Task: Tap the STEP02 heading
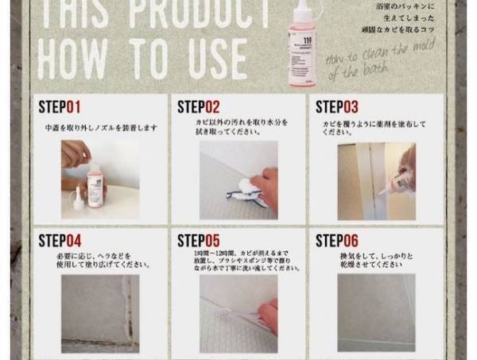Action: pyautogui.click(x=198, y=106)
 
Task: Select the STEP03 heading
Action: pyautogui.click(x=337, y=106)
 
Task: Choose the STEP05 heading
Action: pyautogui.click(x=198, y=240)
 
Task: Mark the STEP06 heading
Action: pyautogui.click(x=337, y=240)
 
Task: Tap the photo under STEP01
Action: pyautogui.click(x=100, y=180)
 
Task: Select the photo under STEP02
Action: pyautogui.click(x=238, y=180)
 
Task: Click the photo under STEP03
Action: pyautogui.click(x=376, y=180)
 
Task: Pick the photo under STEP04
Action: pyautogui.click(x=100, y=313)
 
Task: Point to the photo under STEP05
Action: pyautogui.click(x=238, y=313)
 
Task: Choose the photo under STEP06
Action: pyautogui.click(x=376, y=313)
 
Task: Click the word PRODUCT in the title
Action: pyautogui.click(x=203, y=12)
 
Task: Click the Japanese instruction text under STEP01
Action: pyautogui.click(x=100, y=127)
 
